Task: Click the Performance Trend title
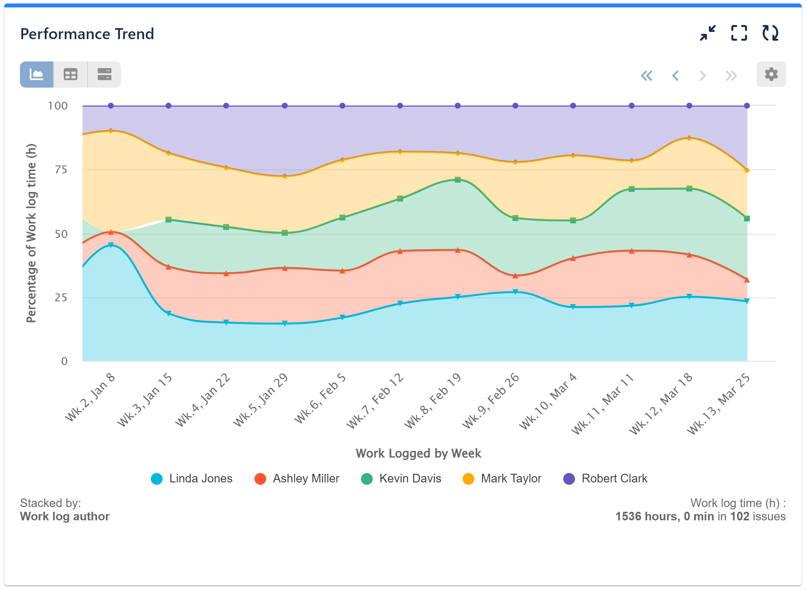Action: [87, 34]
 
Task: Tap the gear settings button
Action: [771, 74]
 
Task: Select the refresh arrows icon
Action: [770, 33]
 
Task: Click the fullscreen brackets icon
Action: [739, 33]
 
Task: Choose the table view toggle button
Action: [70, 74]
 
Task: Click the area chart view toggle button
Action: [37, 74]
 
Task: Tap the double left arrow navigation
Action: [647, 76]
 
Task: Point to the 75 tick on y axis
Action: [61, 170]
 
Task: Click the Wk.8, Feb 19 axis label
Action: [433, 401]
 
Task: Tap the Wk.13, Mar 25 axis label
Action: [718, 404]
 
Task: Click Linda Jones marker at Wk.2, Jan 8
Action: [111, 245]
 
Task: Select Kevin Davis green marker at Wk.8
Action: [458, 180]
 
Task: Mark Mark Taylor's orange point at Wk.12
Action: [689, 138]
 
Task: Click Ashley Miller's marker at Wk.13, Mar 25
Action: [747, 280]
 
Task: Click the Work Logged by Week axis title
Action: [418, 453]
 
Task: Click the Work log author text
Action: [65, 516]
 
